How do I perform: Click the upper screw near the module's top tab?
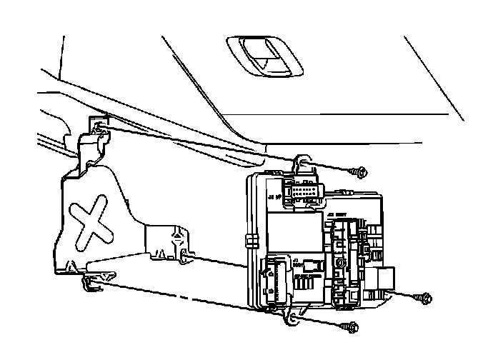click(x=360, y=171)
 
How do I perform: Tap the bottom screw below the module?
click(x=352, y=326)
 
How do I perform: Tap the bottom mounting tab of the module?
click(x=293, y=318)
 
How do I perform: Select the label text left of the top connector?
click(x=272, y=194)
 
